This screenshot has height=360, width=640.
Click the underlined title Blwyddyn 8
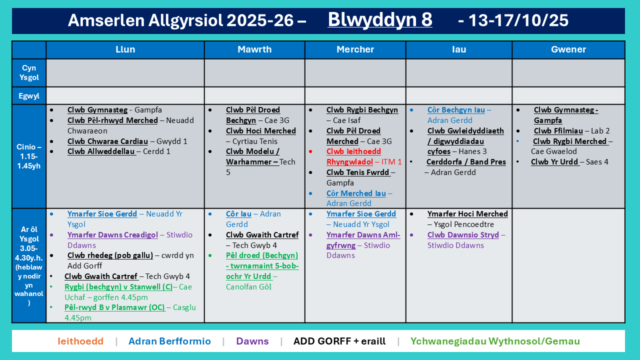tap(379, 19)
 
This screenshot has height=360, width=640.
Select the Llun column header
tap(125, 49)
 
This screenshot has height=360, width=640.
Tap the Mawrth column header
tap(254, 49)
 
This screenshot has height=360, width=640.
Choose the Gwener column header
tap(568, 49)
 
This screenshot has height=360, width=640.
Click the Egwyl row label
tap(29, 96)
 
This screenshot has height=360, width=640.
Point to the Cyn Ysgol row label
tap(29, 72)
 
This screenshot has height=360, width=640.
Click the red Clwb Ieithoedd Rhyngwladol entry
tap(353, 156)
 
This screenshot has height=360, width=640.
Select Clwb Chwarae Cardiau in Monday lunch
tap(107, 141)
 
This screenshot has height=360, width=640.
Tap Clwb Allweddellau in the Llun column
tap(101, 151)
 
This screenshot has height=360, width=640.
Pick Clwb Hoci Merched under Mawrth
tap(261, 131)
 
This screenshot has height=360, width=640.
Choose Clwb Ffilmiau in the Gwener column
tap(558, 131)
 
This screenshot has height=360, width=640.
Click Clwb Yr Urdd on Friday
tap(554, 162)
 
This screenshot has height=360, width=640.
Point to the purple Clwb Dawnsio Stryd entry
tap(463, 235)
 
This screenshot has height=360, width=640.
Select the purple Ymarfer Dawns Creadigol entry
tap(112, 235)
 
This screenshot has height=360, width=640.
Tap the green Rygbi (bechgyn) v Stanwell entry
tap(118, 287)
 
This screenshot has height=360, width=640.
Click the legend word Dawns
tap(252, 341)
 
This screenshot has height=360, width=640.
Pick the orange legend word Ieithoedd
tap(80, 341)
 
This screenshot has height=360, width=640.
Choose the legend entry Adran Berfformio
tap(169, 341)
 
